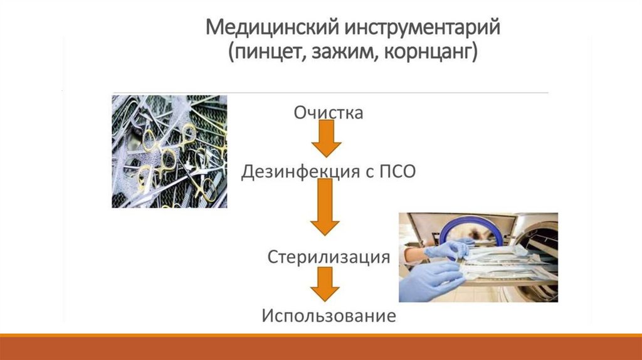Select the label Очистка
[x=328, y=113]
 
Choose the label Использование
[x=329, y=315]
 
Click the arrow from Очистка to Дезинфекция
[x=326, y=139]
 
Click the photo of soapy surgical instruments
[x=169, y=151]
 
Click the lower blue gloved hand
[x=433, y=281]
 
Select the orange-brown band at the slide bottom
[x=321, y=347]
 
